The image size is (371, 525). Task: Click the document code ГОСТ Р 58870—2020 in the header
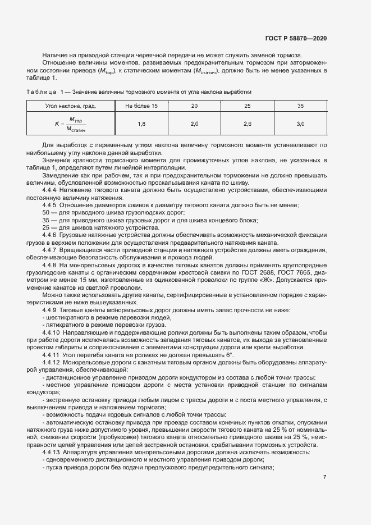coord(296,38)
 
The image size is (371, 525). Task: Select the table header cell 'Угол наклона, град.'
coord(70,106)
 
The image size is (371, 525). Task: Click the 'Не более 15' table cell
coord(141,106)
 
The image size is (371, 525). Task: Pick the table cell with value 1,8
coord(141,124)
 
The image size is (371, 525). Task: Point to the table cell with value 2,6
coord(248,124)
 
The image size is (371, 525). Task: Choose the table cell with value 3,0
coord(300,124)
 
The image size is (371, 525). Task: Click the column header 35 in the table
coord(300,106)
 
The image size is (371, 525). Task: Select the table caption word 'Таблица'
coord(41,91)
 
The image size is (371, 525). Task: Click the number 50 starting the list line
coord(46,213)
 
